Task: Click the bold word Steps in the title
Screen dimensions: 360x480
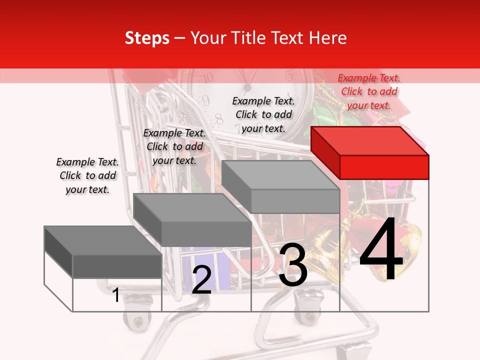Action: (147, 38)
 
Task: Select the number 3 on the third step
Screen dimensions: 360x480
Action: (293, 265)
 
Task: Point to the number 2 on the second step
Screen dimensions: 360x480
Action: (201, 280)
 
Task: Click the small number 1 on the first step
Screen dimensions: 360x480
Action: (116, 295)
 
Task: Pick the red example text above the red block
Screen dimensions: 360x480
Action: (369, 91)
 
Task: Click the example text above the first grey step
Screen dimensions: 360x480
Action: (87, 175)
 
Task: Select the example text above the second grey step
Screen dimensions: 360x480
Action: (174, 146)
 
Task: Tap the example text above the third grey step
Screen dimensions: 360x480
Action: (263, 114)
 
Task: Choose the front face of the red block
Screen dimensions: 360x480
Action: (384, 167)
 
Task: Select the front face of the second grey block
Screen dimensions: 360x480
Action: (206, 234)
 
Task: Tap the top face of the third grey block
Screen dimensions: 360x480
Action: (280, 174)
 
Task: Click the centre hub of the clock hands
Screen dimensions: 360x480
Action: (247, 88)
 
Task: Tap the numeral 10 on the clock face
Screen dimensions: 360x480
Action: (208, 77)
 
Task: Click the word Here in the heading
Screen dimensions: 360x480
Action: (328, 38)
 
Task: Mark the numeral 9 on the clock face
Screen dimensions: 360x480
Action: (205, 100)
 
